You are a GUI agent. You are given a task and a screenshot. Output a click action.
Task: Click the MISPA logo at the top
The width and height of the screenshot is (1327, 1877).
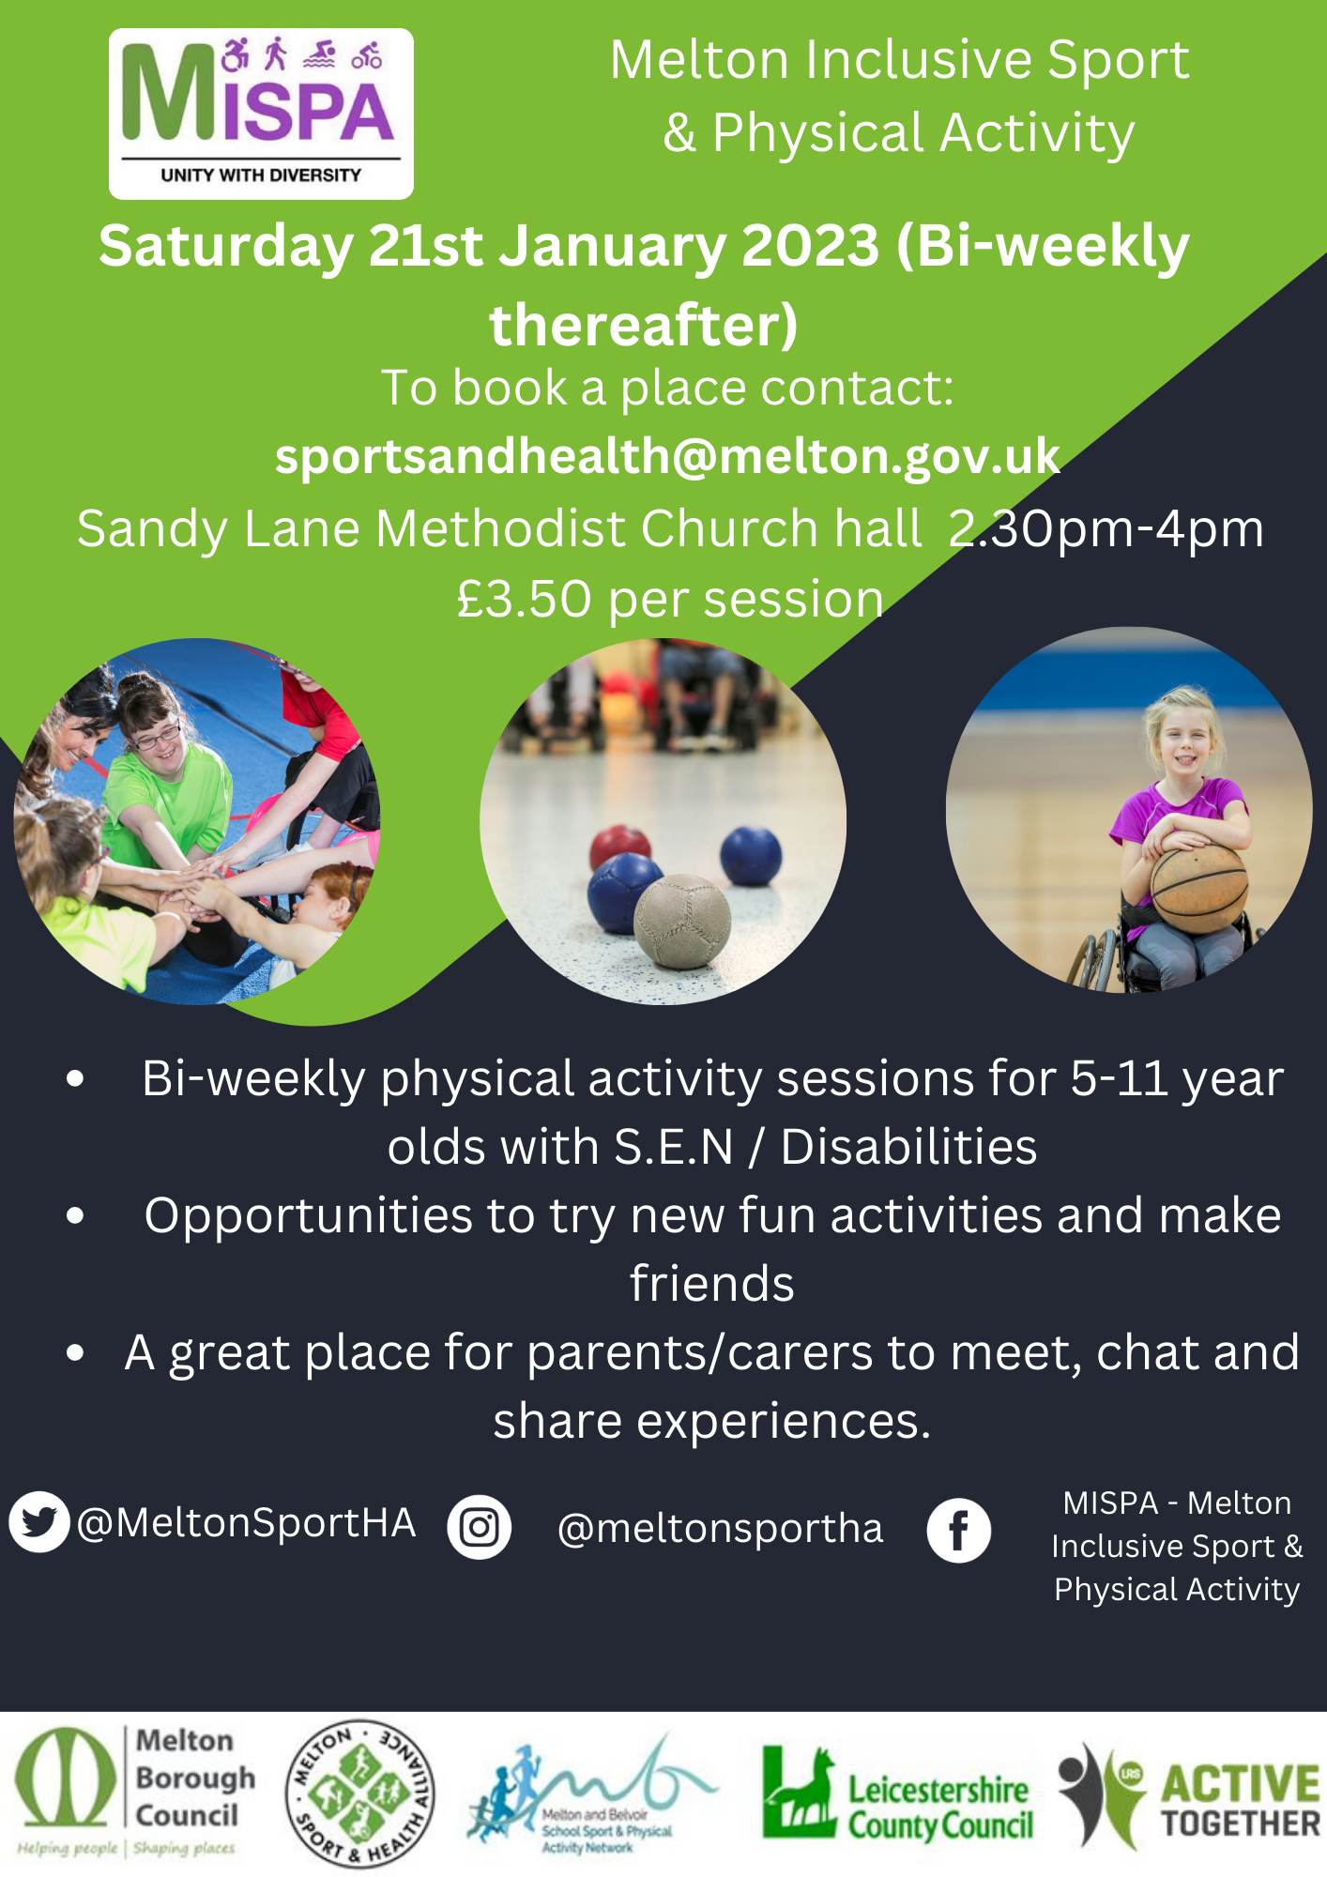pos(261,114)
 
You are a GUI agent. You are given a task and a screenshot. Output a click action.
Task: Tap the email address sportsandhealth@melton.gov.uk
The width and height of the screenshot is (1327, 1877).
pos(667,457)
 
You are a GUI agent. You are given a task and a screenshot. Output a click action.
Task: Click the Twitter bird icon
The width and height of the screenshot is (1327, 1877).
pos(39,1521)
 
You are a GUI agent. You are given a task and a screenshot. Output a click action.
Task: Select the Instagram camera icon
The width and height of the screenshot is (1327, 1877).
pos(480,1528)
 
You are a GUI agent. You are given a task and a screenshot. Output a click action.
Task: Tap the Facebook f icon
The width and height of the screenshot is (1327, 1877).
pos(959,1531)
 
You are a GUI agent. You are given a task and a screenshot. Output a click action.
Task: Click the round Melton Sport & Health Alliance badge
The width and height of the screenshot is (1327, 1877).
pos(360,1793)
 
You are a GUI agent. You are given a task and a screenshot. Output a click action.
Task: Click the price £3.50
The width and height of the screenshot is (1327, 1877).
pos(525,599)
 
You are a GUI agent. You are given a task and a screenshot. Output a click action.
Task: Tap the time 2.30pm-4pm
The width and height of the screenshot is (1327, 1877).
pos(1106,529)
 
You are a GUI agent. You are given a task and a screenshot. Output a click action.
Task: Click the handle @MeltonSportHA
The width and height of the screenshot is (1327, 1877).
pos(246,1522)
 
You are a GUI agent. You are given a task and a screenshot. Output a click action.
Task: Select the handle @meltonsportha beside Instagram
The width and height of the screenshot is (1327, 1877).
pos(720,1528)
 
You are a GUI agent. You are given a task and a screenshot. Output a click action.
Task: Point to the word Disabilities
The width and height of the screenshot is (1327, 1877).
pos(908,1147)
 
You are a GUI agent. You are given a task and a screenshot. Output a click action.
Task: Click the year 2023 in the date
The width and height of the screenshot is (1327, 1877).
pos(811,246)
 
